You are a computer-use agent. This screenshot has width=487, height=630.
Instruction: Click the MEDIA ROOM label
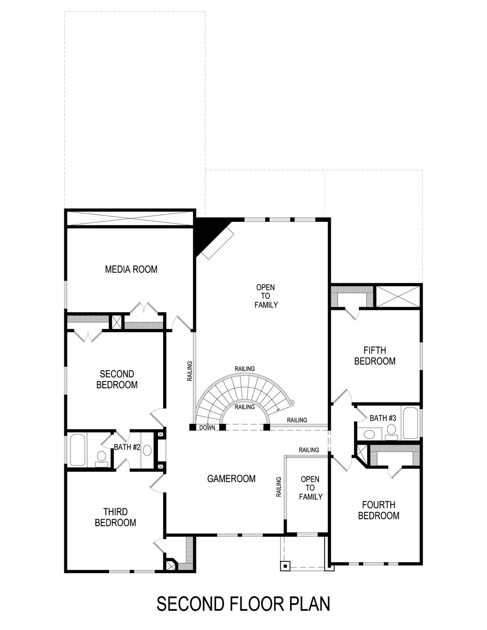point(131,269)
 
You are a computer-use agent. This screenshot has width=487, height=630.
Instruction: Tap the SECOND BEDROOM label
point(117,379)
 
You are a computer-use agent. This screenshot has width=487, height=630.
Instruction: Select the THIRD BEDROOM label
point(116,517)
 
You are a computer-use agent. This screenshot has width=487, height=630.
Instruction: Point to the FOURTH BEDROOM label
point(378,510)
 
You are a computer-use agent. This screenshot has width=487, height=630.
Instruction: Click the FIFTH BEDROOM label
point(375,356)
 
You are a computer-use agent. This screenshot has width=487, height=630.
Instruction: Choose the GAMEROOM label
point(231,479)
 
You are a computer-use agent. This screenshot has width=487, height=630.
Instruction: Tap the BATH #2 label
point(126,447)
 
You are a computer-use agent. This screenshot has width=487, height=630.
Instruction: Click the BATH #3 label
point(382,418)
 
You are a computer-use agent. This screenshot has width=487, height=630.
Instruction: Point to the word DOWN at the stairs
point(207,427)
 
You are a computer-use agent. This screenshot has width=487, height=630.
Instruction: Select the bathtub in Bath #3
point(411,423)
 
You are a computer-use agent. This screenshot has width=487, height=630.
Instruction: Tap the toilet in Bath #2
point(102,457)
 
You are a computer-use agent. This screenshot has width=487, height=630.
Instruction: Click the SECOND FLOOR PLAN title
point(243,604)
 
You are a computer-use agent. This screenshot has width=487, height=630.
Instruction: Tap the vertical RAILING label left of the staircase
point(189,371)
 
